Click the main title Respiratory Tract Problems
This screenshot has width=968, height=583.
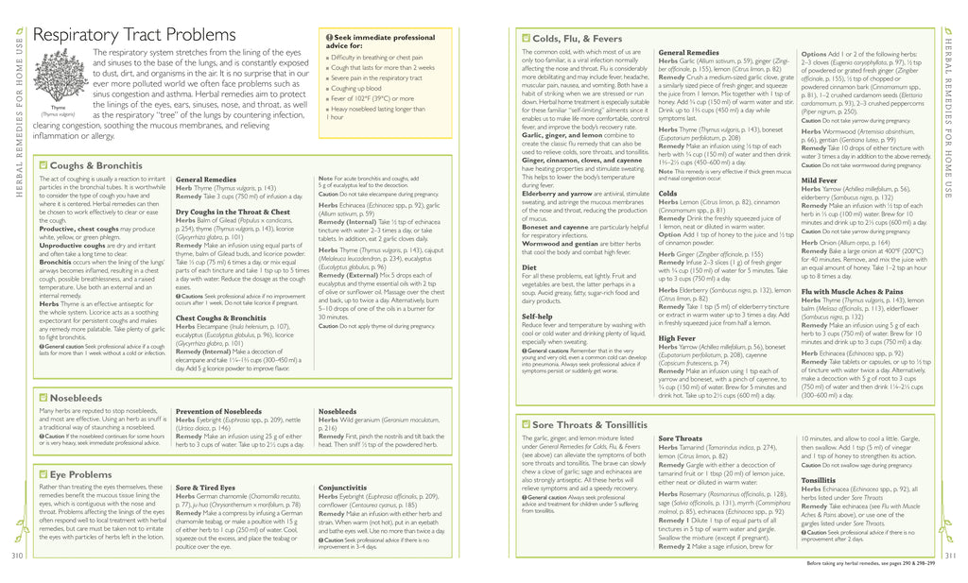134,34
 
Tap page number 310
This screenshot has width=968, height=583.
16,555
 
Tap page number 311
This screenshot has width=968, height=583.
950,555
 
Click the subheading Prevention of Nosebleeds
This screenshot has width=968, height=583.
218,411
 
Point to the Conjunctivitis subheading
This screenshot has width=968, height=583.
342,488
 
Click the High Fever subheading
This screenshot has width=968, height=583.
677,337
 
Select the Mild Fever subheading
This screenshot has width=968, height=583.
819,180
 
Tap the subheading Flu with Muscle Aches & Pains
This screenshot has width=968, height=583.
852,292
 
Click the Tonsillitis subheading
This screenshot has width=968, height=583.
819,480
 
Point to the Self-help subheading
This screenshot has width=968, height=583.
537,317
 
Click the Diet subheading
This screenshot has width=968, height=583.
529,266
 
